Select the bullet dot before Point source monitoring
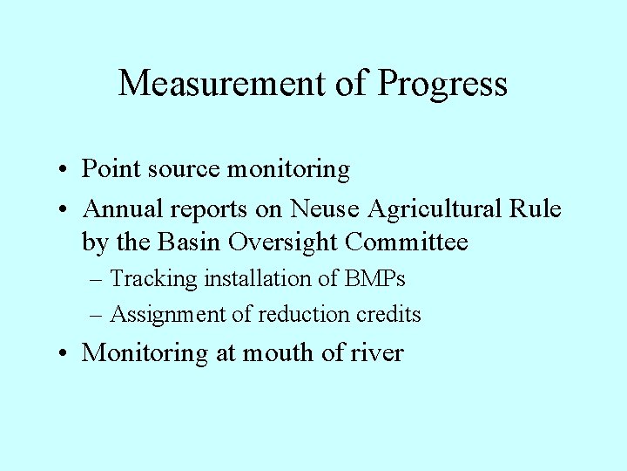click(x=65, y=170)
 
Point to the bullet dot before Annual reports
click(x=65, y=210)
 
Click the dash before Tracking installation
click(x=98, y=280)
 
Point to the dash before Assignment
click(x=98, y=315)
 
